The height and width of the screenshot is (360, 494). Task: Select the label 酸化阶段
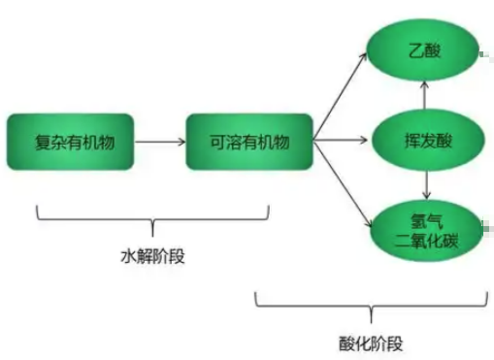[x=373, y=342]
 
